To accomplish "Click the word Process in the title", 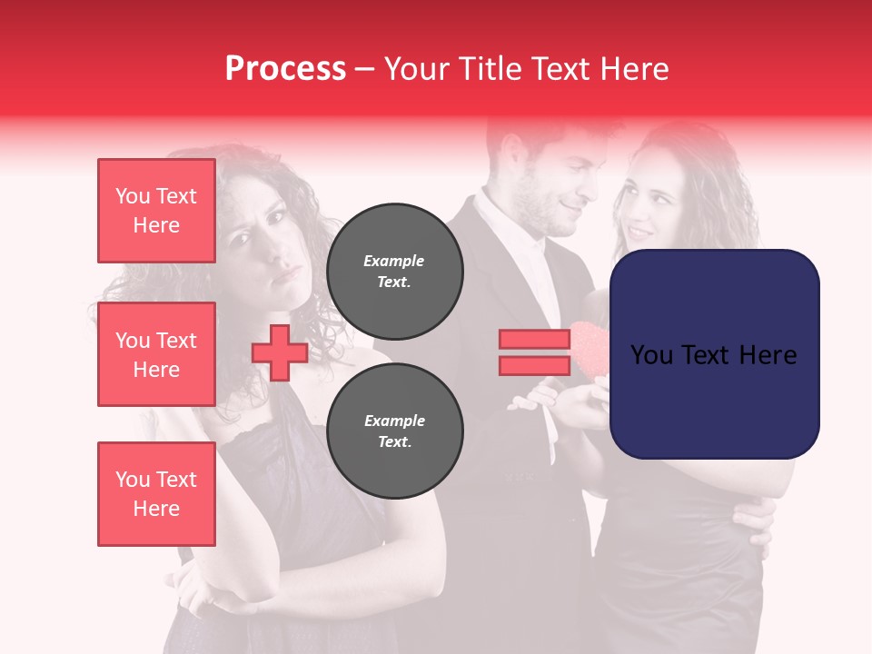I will (x=285, y=69).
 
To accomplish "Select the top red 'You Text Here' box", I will (x=156, y=211).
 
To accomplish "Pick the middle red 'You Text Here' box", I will (x=156, y=354).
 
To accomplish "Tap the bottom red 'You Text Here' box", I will (x=156, y=493).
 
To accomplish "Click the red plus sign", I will (x=280, y=352).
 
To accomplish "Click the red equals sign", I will (x=534, y=352).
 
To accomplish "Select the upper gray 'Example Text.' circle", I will (x=394, y=272).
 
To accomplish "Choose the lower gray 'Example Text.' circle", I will (x=394, y=431).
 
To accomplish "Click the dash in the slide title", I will (x=364, y=69).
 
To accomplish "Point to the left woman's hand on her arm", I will (x=227, y=599).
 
